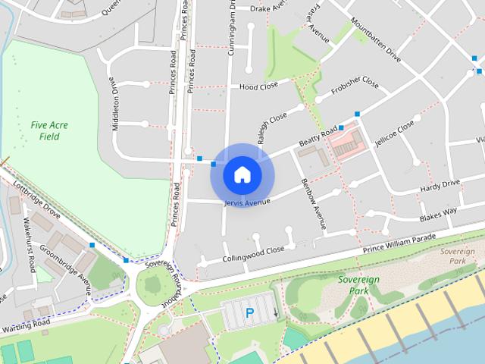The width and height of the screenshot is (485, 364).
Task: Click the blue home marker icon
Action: click(x=242, y=174)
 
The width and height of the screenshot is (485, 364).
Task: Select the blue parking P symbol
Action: click(x=249, y=312)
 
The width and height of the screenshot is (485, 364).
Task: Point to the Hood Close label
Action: click(x=259, y=86)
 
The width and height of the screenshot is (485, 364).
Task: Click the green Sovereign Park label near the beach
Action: click(x=359, y=284)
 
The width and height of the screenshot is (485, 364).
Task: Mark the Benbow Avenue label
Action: click(x=313, y=204)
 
